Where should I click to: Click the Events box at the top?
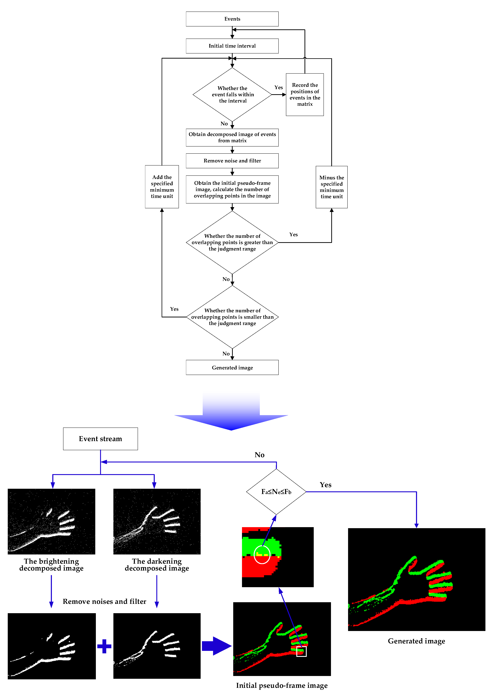[x=232, y=19]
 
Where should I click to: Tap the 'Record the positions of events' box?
[x=305, y=95]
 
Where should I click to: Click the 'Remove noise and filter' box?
[x=232, y=161]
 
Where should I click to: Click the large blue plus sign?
[x=104, y=646]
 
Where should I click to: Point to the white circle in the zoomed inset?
[x=262, y=555]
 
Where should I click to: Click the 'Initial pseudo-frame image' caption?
[x=282, y=685]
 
